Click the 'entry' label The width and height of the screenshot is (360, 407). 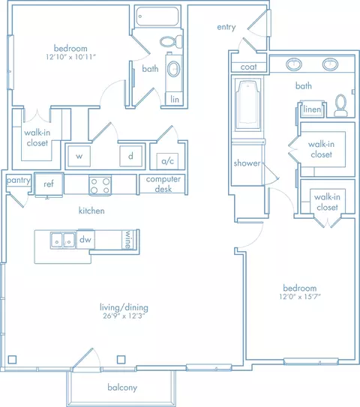pos(226,27)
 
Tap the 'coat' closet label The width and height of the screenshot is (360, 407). pos(248,67)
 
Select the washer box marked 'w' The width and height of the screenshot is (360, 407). pos(79,157)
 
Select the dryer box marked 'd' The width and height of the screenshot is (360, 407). pos(130,157)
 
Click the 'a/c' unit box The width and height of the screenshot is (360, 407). pos(164,161)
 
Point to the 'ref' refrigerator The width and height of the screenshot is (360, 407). pos(48,184)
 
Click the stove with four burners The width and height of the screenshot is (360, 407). pos(100,184)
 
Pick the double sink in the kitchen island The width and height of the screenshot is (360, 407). pos(61,240)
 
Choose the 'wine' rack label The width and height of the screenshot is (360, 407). pos(128,239)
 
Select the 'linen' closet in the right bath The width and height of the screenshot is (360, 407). pos(312,109)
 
